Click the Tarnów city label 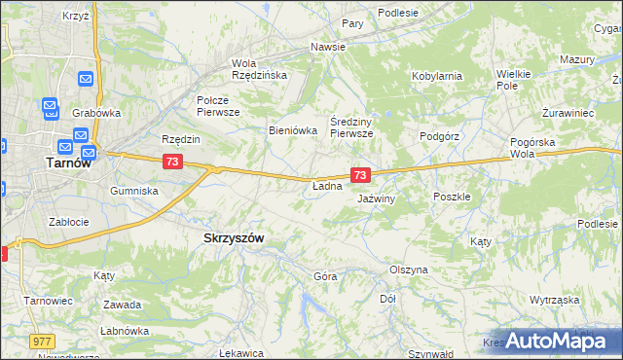click(69, 163)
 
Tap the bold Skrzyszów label click(234, 237)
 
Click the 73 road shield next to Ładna click(361, 175)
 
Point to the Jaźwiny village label click(376, 198)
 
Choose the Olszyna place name click(408, 270)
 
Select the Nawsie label click(329, 47)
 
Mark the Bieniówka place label click(293, 129)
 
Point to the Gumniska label click(134, 191)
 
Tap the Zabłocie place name click(71, 221)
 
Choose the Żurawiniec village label click(568, 113)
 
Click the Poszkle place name click(452, 196)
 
